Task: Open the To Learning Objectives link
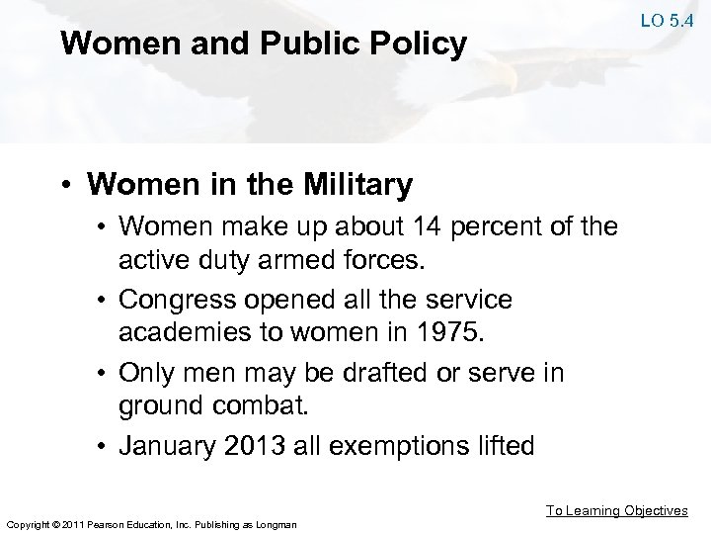coord(616,510)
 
